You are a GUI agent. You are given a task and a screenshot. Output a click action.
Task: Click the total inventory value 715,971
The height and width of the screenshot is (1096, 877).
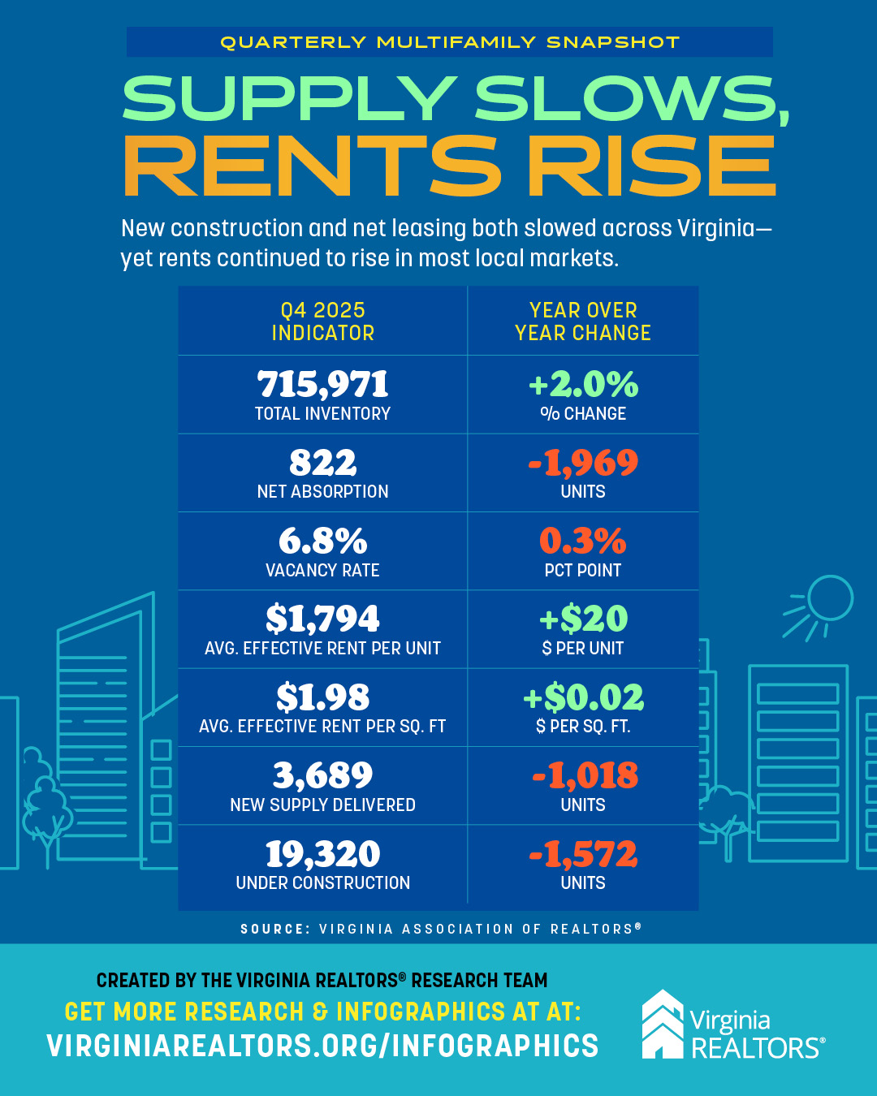pos(322,385)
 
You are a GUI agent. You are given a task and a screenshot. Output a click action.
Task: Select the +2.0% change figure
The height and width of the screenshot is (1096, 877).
pos(583,385)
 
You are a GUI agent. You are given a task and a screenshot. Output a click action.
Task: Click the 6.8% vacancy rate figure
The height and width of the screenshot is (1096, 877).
pos(322,542)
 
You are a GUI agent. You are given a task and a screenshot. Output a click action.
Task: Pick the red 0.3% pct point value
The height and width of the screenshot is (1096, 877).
pos(583,542)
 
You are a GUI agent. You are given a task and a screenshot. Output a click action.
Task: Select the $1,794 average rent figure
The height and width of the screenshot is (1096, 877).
pos(322,619)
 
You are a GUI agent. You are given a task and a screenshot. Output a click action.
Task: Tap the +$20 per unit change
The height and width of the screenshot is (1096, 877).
pos(583,619)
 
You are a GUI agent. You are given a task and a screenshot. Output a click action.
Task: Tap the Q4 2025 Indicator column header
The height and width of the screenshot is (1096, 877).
pos(322,321)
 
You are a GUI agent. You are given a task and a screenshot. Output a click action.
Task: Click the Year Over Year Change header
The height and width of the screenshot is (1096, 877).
pos(583,321)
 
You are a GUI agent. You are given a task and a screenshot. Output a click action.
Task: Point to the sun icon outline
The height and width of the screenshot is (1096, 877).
pos(828,599)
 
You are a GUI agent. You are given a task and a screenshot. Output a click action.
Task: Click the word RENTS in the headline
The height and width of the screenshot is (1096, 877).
pos(312,166)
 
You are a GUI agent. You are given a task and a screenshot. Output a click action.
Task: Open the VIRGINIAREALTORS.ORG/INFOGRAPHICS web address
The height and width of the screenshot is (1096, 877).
pos(322,1046)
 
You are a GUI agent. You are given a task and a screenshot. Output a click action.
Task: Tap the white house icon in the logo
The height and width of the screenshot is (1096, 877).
pos(663,1025)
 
